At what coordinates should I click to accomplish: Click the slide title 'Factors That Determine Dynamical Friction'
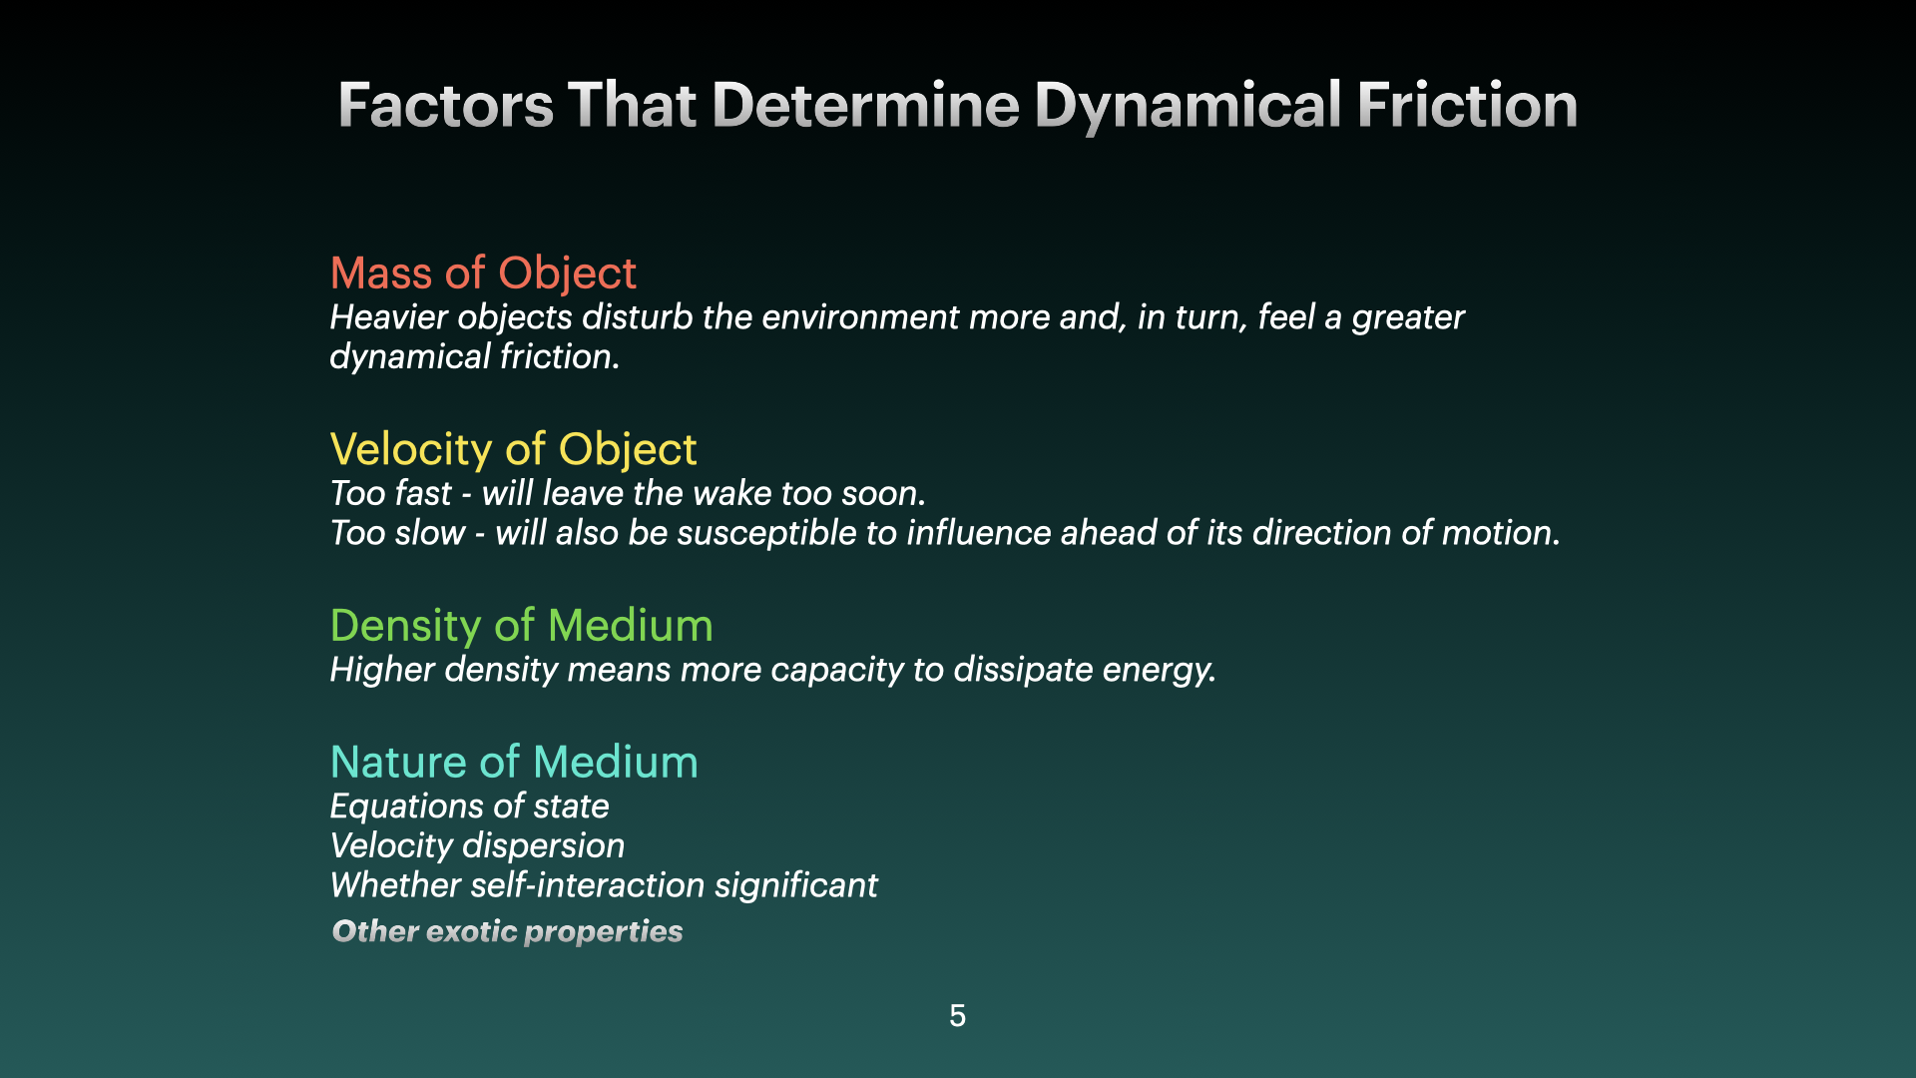coord(958,105)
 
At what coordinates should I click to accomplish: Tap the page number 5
coord(957,1016)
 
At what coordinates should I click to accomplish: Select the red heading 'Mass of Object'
coord(483,273)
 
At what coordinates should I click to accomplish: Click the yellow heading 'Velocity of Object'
coord(513,450)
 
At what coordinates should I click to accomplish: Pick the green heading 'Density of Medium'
coord(521,626)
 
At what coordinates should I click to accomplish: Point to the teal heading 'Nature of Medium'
coord(514,762)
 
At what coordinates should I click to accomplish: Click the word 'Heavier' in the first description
coord(389,317)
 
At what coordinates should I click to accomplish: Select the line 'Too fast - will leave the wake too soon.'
coord(628,493)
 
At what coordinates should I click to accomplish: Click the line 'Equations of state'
coord(469,807)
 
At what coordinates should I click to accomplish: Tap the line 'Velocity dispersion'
coord(477,846)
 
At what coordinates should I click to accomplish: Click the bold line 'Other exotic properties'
coord(507,931)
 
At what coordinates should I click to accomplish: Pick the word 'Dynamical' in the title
coord(1188,105)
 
